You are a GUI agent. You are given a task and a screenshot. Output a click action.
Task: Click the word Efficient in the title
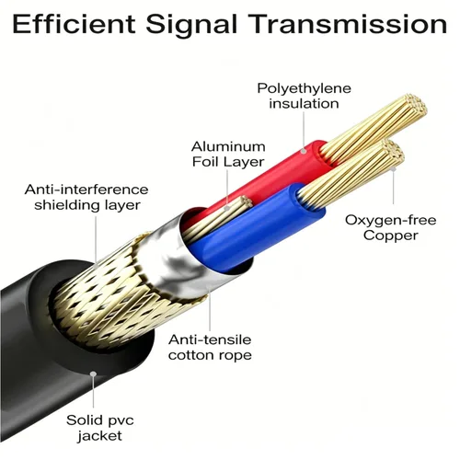click(x=74, y=24)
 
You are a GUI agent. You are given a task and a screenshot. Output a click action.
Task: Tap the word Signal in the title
click(x=191, y=26)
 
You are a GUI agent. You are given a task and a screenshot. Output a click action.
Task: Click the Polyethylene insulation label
click(x=304, y=96)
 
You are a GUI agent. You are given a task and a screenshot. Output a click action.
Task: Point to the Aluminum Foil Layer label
click(x=228, y=155)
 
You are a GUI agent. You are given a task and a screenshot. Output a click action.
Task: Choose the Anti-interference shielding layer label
click(x=86, y=198)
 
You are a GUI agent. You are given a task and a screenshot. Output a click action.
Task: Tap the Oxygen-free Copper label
click(x=391, y=228)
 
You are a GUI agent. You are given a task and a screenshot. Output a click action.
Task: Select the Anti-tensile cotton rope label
click(x=210, y=348)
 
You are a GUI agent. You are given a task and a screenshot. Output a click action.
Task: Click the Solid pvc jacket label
click(x=100, y=428)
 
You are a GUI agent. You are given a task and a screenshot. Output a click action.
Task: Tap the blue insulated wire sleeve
click(x=256, y=228)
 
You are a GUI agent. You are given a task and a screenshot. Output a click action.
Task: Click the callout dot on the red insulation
click(x=303, y=151)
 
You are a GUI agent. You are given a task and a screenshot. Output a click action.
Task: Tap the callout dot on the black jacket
click(x=93, y=374)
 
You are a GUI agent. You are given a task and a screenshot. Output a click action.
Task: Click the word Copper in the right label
click(x=391, y=236)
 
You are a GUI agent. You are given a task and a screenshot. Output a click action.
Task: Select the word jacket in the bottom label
click(x=100, y=436)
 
